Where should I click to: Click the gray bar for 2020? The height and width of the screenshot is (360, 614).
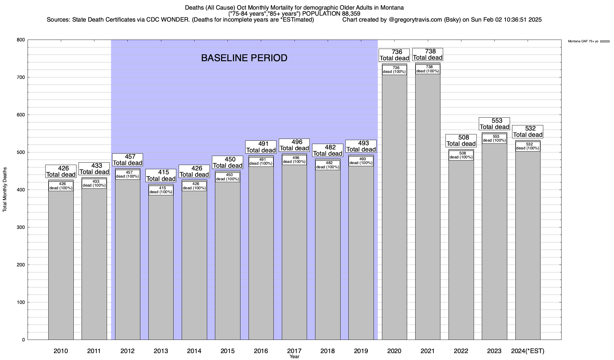(394, 210)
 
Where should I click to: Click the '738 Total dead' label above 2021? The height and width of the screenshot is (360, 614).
(428, 55)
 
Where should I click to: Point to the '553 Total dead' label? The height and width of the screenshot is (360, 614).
(494, 124)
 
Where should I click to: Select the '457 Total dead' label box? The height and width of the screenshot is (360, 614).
(127, 160)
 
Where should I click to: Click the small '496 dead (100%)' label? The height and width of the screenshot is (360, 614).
(294, 160)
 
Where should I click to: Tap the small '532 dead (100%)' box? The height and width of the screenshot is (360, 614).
(528, 146)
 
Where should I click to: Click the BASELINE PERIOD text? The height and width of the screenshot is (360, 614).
(244, 58)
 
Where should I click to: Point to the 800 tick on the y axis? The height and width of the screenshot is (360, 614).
(21, 40)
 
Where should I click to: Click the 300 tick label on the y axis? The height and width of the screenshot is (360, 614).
(21, 227)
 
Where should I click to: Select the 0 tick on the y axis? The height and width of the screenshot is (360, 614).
(23, 340)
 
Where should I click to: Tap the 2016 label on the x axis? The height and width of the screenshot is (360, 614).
(261, 351)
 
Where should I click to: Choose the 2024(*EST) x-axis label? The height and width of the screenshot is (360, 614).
(528, 351)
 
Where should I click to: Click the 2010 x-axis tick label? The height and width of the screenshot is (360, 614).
(61, 351)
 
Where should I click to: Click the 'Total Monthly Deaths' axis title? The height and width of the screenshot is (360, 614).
(5, 190)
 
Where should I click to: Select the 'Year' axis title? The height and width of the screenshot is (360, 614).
(294, 357)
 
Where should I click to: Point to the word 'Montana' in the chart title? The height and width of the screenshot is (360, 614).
(392, 7)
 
